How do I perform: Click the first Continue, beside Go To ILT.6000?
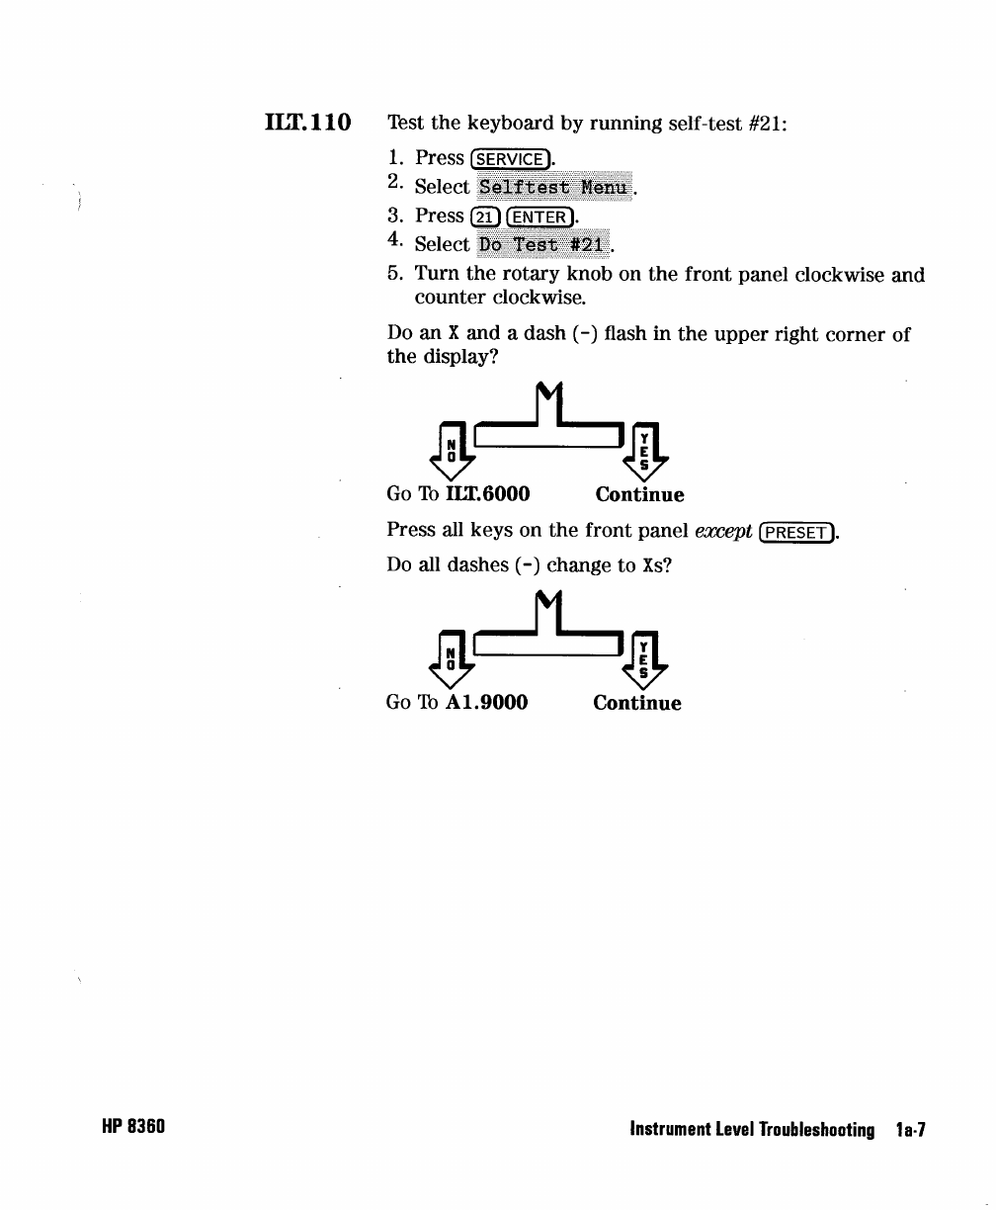point(639,494)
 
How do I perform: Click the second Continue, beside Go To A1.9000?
point(636,703)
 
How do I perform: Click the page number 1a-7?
point(908,1129)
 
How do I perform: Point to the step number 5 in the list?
point(394,275)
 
